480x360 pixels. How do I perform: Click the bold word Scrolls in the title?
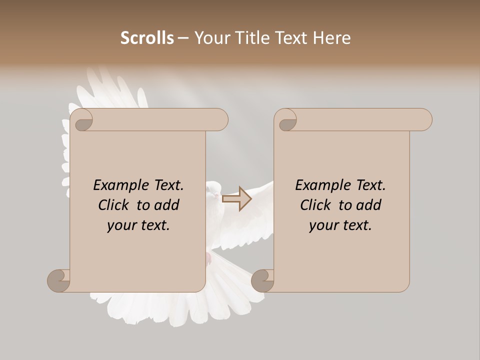147,37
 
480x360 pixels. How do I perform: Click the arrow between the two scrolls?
236,199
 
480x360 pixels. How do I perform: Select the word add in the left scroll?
166,205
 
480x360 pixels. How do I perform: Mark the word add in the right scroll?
368,205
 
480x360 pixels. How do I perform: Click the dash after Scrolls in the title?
183,37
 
